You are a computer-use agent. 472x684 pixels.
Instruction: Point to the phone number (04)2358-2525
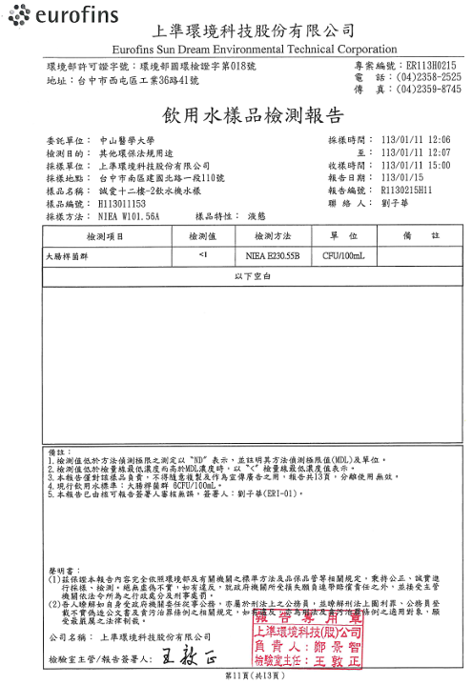coord(428,77)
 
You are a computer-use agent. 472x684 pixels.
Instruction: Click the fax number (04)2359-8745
coord(428,90)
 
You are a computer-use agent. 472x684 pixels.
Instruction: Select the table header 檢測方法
coord(271,235)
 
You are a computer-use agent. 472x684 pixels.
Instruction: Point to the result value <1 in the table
coord(203,255)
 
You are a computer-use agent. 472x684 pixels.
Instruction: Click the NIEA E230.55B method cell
coord(271,255)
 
